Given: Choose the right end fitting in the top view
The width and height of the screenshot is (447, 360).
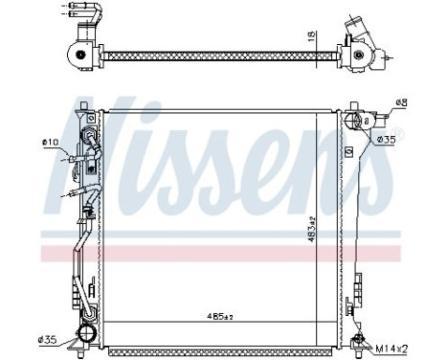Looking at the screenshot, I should pyautogui.click(x=360, y=53).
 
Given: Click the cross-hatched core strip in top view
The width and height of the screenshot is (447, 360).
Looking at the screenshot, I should pyautogui.click(x=220, y=55).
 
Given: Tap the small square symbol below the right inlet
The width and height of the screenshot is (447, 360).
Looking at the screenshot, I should pyautogui.click(x=349, y=151).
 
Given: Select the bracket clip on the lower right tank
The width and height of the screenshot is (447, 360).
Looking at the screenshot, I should pyautogui.click(x=357, y=283).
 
